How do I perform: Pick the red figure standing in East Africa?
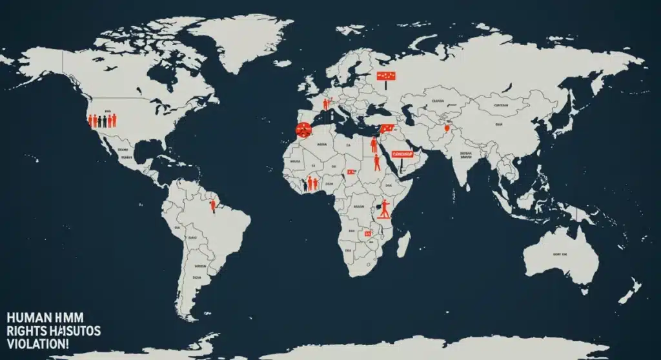click(x=385, y=208)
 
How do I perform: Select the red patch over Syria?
click(x=386, y=128)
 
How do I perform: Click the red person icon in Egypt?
click(x=374, y=145)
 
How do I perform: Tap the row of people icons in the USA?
click(x=102, y=120)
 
